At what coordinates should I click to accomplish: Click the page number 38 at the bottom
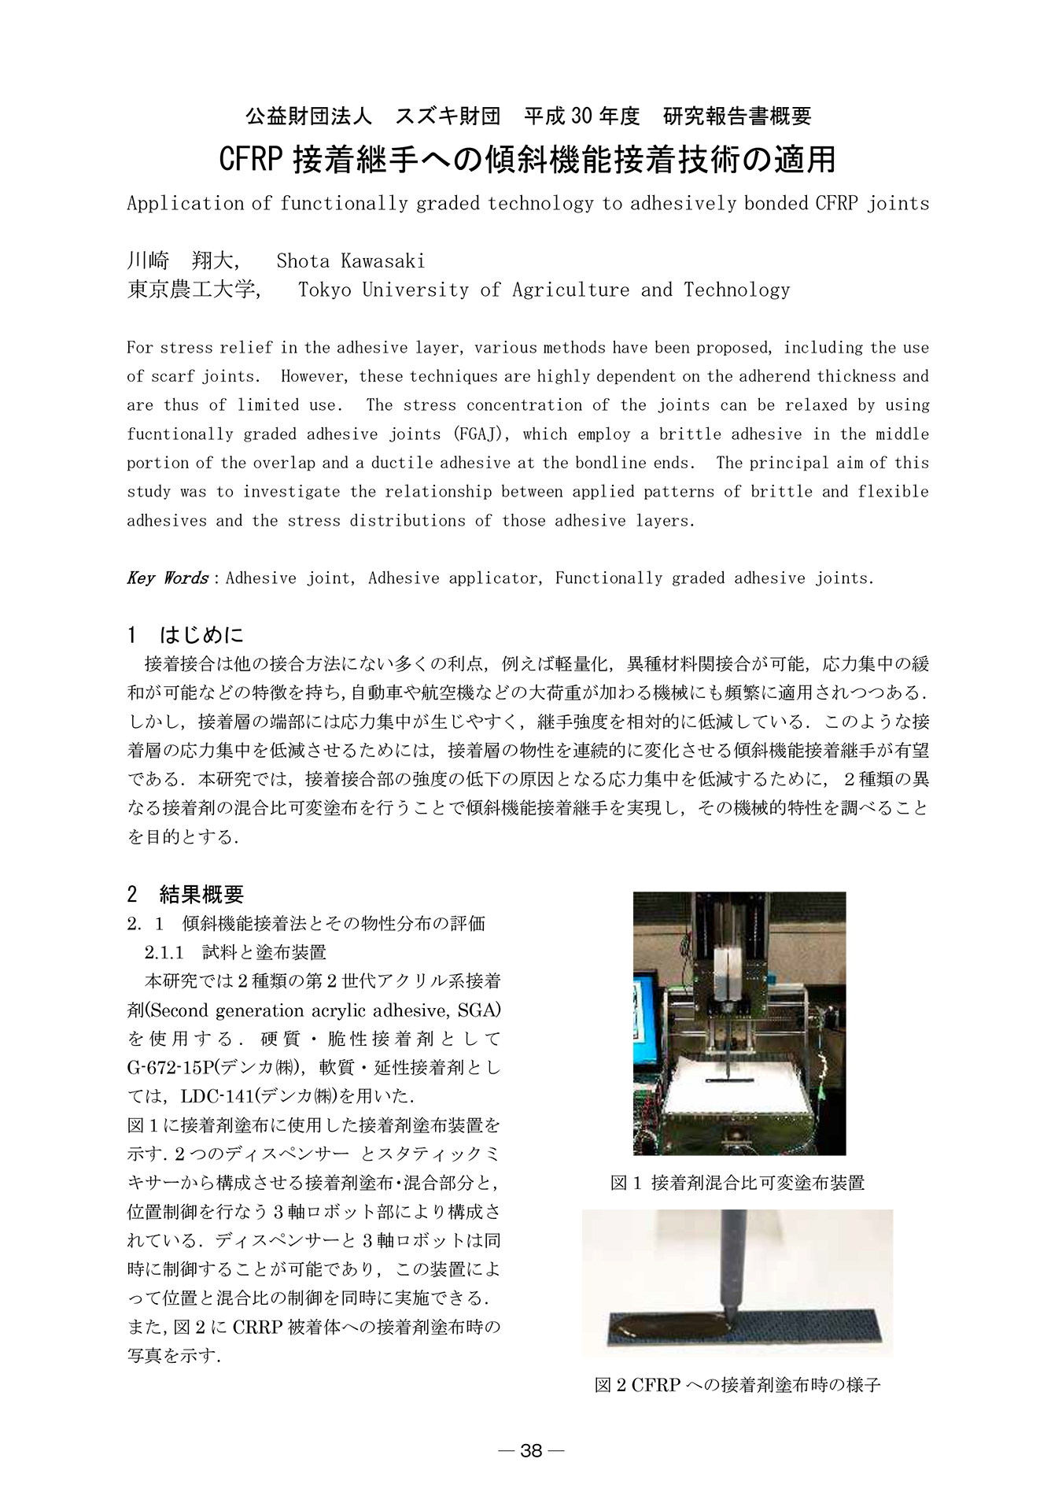(x=531, y=1450)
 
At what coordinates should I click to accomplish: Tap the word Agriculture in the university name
(x=570, y=290)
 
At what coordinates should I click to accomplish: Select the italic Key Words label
(x=167, y=578)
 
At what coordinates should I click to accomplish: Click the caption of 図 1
(x=737, y=1183)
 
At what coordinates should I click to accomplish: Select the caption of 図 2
(x=737, y=1406)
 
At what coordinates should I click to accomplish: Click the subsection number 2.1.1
(x=164, y=952)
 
